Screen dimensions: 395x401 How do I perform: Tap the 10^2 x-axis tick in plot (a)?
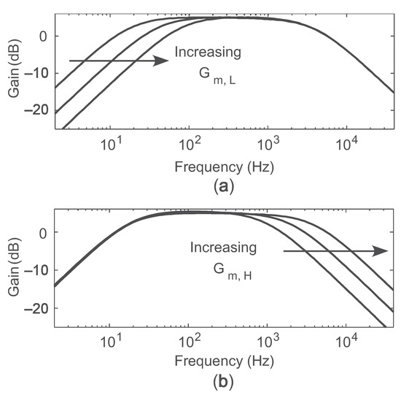click(189, 142)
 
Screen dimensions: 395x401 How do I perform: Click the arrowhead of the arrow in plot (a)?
click(163, 61)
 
